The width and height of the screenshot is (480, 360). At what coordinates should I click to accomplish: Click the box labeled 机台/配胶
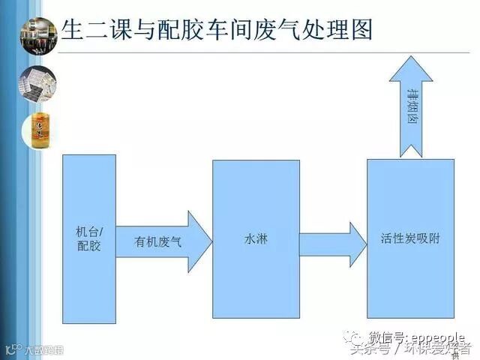88,236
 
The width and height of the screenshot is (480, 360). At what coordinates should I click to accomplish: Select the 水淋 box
256,238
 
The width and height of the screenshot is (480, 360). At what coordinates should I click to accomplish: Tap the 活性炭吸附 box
410,238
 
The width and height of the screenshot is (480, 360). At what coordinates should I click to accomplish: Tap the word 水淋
256,240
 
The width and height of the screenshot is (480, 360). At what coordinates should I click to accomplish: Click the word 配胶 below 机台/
88,245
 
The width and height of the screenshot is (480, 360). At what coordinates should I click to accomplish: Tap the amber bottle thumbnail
37,127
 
